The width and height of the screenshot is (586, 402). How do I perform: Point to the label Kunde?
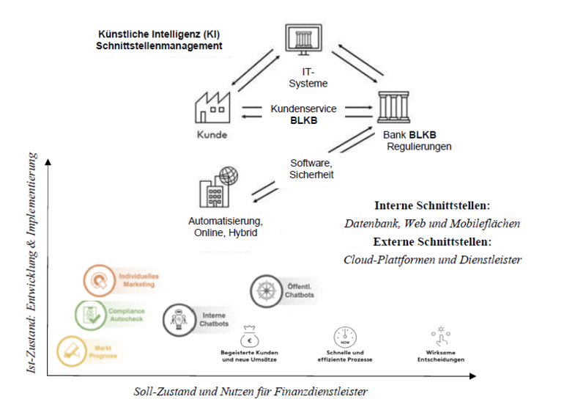pos(212,136)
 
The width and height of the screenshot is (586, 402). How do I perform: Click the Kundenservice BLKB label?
pos(303,114)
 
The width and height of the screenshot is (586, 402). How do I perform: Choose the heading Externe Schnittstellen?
pos(431,241)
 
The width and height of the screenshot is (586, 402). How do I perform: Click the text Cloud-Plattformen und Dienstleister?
pos(432,259)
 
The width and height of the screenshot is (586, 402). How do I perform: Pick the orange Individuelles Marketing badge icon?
pos(97,279)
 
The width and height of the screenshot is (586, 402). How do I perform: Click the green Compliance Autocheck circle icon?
pos(89,315)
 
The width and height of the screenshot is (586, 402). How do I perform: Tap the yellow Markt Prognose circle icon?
pos(70,350)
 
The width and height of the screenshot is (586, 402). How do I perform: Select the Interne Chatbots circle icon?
pos(177,318)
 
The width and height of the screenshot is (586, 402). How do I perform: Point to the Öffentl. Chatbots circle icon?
pos(264,290)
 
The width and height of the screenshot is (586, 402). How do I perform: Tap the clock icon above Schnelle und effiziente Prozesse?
pos(344,337)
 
